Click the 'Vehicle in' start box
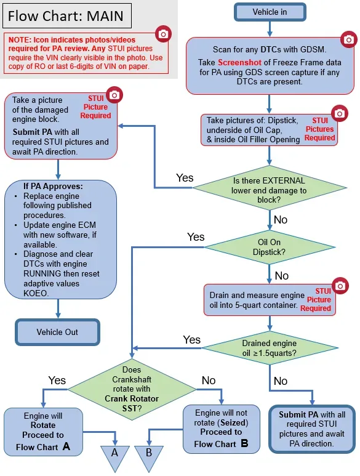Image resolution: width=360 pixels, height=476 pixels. pos(270,12)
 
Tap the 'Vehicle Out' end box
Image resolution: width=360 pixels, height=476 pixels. pos(57,332)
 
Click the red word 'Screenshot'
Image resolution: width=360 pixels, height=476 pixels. pos(239,63)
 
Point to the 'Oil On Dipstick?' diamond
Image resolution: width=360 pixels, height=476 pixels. pos(269,247)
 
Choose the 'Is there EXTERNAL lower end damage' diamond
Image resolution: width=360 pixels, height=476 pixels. pos(269,188)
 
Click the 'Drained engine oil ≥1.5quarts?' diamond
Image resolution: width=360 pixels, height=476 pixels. pos(270,348)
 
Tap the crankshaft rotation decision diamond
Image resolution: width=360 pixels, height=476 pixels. pos(132,389)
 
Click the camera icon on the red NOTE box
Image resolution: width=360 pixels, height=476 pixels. pos(163,34)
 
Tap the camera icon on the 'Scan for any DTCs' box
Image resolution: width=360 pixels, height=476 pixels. pos(348,39)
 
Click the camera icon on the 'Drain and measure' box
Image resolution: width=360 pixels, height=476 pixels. pos(340,286)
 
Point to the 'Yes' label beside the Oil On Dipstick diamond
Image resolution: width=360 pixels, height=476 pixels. pos(196,237)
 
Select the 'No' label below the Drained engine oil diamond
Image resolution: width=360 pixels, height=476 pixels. pos(281,381)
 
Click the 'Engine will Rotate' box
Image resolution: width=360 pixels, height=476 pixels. pos(43,432)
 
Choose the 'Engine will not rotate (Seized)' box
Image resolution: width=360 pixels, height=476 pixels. pos(222,429)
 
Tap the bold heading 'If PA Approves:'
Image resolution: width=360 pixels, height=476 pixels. pos(53,186)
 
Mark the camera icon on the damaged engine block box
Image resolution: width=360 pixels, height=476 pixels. pos(114,95)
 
